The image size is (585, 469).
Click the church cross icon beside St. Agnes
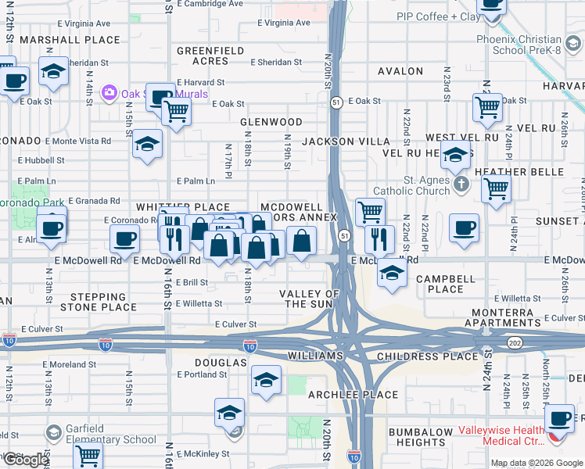[x=461, y=184]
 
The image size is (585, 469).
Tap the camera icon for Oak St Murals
[x=109, y=94]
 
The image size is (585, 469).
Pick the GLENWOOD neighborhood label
[x=271, y=123]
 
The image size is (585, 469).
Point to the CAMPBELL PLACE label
[x=446, y=284]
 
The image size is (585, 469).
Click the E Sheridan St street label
[x=276, y=63]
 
